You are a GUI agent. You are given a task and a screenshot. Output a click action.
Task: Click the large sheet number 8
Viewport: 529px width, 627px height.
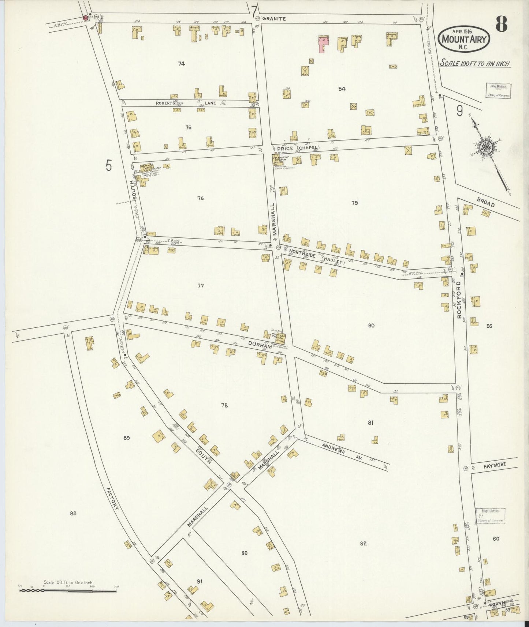[x=501, y=25]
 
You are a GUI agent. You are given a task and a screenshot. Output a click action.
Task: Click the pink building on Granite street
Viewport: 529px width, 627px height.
[x=323, y=44]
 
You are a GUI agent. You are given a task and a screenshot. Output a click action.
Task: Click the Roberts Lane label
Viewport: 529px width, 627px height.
[x=186, y=103]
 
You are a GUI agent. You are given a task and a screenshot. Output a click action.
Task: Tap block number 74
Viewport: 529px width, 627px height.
[x=181, y=64]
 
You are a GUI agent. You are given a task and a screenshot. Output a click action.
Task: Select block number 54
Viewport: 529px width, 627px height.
[x=342, y=89]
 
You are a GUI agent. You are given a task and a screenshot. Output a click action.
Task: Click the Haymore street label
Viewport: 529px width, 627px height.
[x=494, y=465]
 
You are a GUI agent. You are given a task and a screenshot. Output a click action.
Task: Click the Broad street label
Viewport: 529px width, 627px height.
[x=486, y=202]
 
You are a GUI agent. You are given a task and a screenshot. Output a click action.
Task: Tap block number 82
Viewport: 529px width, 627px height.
[x=363, y=544]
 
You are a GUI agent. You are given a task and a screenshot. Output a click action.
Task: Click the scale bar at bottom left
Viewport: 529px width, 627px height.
[x=68, y=590]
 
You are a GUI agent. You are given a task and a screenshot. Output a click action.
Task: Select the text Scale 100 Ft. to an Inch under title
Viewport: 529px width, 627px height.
[x=475, y=63]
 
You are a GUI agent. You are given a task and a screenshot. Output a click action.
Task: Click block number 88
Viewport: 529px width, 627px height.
[x=73, y=514]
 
